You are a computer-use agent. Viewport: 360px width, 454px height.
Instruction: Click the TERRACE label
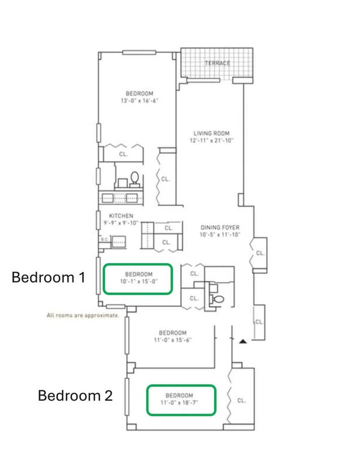click(x=218, y=63)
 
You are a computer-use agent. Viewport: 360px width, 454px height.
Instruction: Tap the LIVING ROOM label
click(x=211, y=133)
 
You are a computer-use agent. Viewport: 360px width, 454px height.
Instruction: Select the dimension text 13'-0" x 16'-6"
click(x=139, y=101)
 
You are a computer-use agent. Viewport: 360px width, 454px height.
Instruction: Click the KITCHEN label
click(x=121, y=216)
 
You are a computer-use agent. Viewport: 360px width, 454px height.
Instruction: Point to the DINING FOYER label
click(x=220, y=228)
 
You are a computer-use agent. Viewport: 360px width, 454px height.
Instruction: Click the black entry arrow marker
click(x=243, y=342)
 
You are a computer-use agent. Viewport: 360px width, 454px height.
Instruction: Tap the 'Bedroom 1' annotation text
click(x=48, y=278)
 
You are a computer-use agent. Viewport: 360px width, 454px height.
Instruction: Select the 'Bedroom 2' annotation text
click(x=75, y=396)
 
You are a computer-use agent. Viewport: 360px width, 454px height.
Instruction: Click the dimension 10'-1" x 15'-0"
click(x=139, y=281)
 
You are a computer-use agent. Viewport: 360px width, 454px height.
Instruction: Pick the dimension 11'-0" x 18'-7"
click(x=179, y=403)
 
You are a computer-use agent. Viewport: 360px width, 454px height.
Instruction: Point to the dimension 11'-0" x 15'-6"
click(x=172, y=340)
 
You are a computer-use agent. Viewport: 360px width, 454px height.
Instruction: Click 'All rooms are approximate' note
click(x=83, y=316)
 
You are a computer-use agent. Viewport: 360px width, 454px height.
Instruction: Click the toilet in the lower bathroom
click(x=219, y=299)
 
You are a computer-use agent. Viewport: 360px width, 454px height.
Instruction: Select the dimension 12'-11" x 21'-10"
click(x=211, y=141)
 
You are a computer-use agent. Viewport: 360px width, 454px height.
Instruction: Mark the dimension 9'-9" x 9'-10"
click(x=121, y=223)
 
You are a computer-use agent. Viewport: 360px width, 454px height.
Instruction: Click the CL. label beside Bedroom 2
click(x=242, y=401)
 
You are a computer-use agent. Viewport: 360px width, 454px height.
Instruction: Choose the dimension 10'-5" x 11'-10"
click(x=220, y=234)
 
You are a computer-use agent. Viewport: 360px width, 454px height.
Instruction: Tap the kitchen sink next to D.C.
click(x=119, y=242)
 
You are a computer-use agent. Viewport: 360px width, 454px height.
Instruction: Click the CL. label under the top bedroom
click(x=124, y=154)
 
